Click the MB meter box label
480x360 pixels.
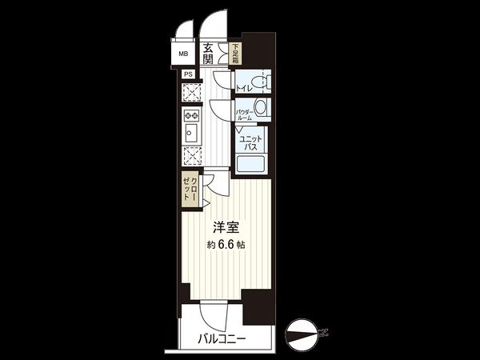(x=184, y=55)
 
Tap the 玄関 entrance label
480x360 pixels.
(x=208, y=54)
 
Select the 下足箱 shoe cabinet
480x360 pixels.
(x=235, y=55)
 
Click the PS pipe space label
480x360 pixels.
(x=188, y=74)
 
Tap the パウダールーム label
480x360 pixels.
(x=244, y=114)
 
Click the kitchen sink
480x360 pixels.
(x=192, y=115)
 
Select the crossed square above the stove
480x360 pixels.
(x=192, y=92)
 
